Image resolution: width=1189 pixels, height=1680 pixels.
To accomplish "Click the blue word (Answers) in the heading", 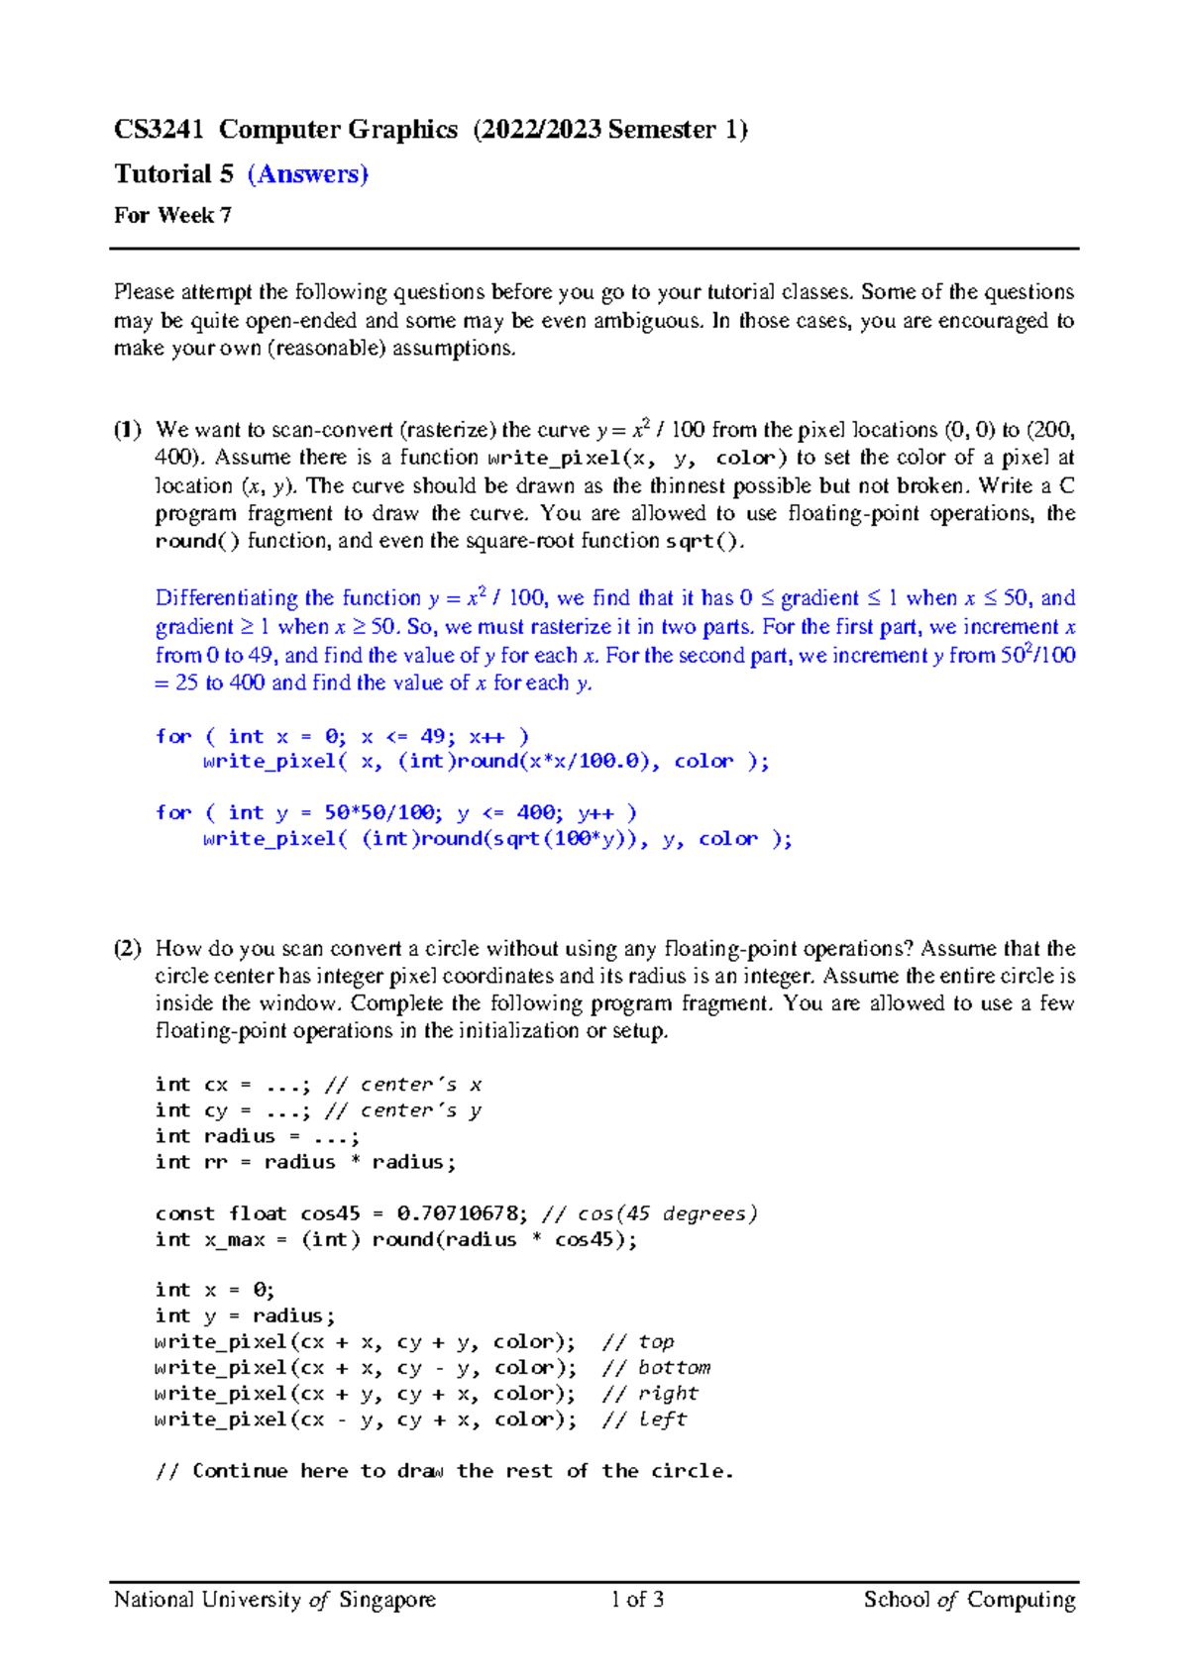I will pyautogui.click(x=307, y=174).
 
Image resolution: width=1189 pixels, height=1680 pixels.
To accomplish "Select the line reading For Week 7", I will pyautogui.click(x=172, y=215).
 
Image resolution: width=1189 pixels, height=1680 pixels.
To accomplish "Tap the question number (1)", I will pyautogui.click(x=127, y=430).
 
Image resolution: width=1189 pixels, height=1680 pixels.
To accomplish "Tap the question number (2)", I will pyautogui.click(x=127, y=948).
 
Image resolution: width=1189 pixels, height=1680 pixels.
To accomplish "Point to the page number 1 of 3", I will pyautogui.click(x=637, y=1599).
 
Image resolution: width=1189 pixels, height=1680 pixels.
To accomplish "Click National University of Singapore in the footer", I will pyautogui.click(x=274, y=1599).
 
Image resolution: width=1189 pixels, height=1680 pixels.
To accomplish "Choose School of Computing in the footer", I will pyautogui.click(x=969, y=1599).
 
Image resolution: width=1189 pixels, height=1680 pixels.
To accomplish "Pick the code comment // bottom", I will pyautogui.click(x=656, y=1368).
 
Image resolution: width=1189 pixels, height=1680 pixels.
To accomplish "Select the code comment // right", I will pyautogui.click(x=650, y=1394).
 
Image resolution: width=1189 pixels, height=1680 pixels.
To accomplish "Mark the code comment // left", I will pyautogui.click(x=644, y=1419).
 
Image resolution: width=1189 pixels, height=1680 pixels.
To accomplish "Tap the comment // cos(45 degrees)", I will pyautogui.click(x=650, y=1213).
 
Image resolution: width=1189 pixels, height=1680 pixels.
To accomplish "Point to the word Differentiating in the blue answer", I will pyautogui.click(x=225, y=598).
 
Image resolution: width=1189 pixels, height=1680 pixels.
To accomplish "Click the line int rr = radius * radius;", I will pyautogui.click(x=305, y=1162).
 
